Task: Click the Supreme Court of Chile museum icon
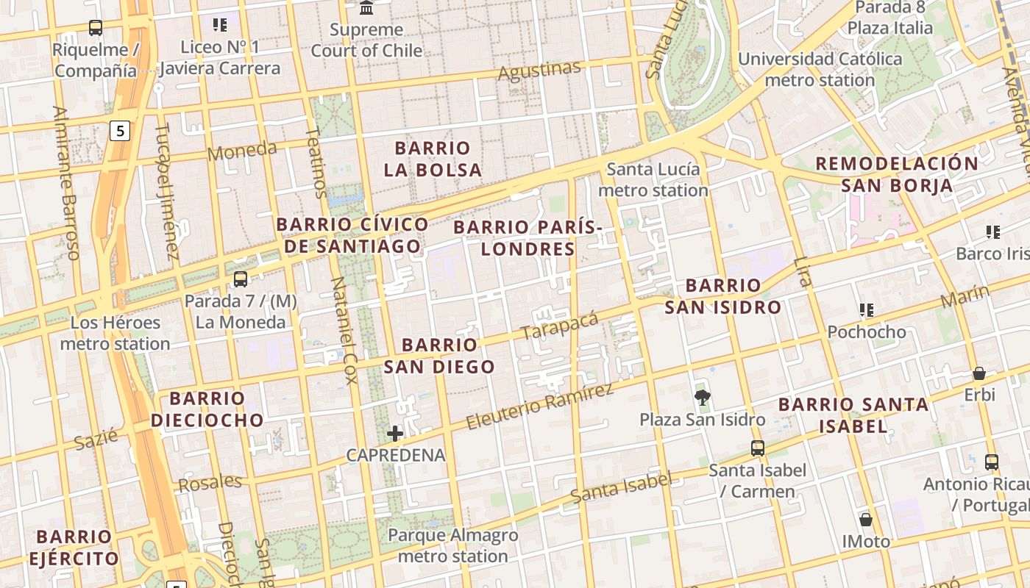tap(366, 8)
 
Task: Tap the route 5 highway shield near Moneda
tap(120, 131)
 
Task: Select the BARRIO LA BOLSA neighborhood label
tap(433, 159)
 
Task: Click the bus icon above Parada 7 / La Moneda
tap(241, 279)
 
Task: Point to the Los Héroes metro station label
tap(115, 333)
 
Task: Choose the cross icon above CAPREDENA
tap(395, 434)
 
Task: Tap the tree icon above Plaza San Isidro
tap(703, 398)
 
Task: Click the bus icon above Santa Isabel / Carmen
tap(758, 448)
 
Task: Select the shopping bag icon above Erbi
tap(979, 373)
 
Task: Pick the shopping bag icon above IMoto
tap(866, 520)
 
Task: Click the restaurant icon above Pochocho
tap(867, 310)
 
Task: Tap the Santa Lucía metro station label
tap(653, 180)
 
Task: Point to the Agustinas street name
tap(539, 71)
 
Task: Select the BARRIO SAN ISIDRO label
tap(722, 296)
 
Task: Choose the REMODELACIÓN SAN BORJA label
tap(897, 174)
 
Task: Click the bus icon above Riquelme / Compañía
tap(96, 28)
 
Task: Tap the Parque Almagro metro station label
tap(453, 545)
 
